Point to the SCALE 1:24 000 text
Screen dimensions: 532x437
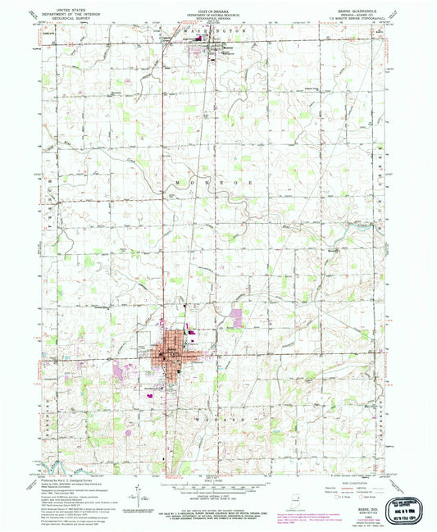coord(217,480)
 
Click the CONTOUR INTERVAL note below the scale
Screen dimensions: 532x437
coord(217,495)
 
